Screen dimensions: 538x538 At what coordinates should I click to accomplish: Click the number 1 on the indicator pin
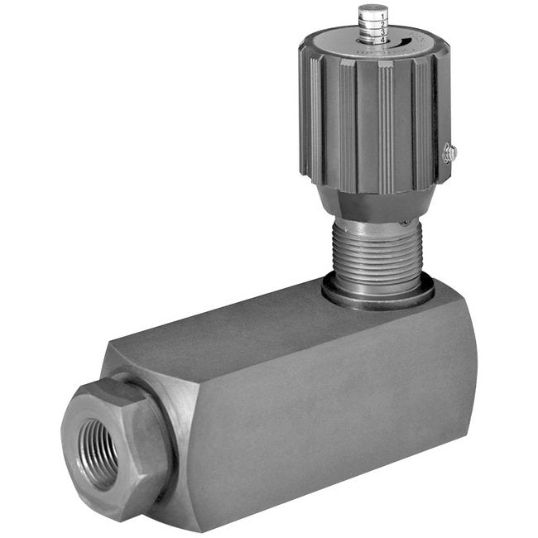[381, 15]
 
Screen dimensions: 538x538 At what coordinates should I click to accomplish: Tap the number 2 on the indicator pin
[381, 22]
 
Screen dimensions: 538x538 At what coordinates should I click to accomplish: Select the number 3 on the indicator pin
[381, 30]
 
